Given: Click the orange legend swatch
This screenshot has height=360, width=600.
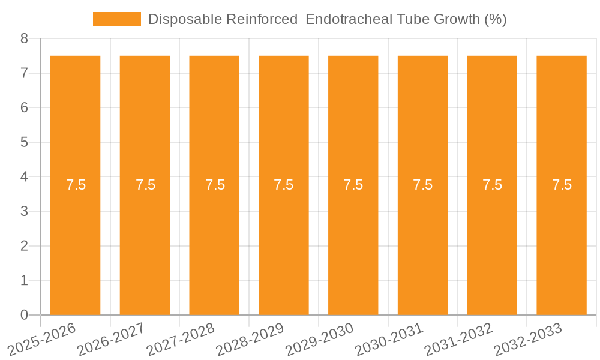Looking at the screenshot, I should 116,19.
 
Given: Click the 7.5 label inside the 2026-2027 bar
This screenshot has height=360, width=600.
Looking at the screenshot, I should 145,185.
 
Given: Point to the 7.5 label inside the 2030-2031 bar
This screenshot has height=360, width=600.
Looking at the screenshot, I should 423,185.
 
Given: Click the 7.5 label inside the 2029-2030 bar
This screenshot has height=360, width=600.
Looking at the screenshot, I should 353,185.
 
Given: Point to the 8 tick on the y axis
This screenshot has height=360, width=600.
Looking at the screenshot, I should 24,38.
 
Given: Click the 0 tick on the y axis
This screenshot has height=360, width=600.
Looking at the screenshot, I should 24,315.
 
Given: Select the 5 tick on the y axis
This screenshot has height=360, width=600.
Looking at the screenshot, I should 24,142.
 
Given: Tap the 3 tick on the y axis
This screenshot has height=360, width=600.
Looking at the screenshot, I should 24,211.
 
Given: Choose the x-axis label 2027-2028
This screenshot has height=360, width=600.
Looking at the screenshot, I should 181,339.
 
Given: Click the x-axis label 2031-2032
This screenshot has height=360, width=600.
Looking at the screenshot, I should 458,339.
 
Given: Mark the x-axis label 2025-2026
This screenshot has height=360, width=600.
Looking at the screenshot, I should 42,339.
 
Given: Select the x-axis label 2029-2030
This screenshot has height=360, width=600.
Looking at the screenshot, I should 319,339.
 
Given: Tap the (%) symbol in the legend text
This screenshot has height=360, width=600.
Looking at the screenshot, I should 495,19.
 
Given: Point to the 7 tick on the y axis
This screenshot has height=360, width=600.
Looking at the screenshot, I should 24,73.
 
